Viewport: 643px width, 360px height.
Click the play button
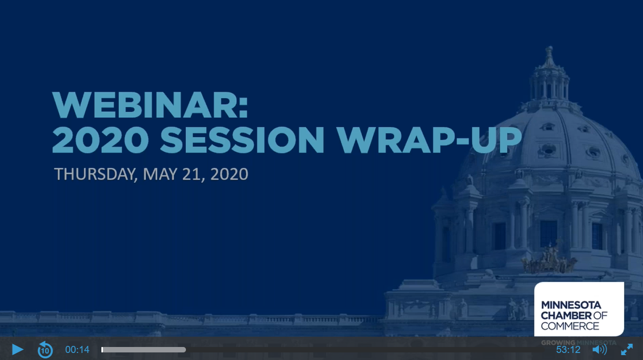[17, 350]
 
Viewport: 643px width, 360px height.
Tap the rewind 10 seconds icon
[45, 350]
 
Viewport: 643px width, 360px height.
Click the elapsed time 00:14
[77, 350]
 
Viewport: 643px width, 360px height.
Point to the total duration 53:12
[568, 350]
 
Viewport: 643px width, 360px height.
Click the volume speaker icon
[599, 350]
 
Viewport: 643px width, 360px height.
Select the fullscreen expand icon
[627, 350]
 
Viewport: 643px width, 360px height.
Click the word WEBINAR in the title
[150, 105]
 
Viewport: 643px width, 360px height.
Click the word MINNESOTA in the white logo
[571, 305]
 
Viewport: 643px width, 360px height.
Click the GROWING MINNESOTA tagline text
[578, 343]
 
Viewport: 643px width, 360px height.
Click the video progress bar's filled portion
[144, 350]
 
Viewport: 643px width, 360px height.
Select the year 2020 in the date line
[229, 174]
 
